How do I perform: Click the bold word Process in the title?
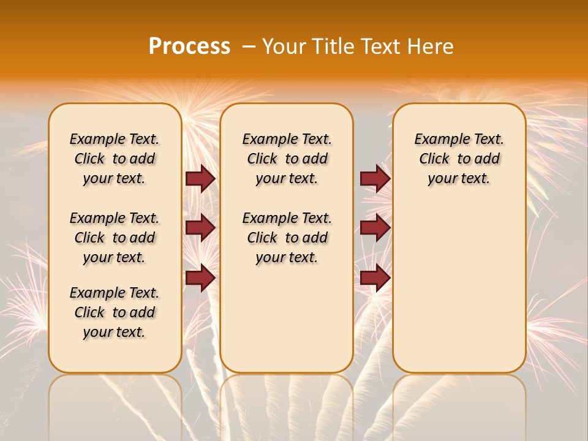click(x=189, y=47)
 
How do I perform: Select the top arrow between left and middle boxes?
click(x=200, y=179)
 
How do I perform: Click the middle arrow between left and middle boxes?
click(x=200, y=228)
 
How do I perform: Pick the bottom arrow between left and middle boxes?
click(x=200, y=277)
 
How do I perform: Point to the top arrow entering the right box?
click(x=375, y=179)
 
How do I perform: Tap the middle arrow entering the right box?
click(x=375, y=228)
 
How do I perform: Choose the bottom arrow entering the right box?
click(x=375, y=277)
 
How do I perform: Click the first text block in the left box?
click(x=115, y=159)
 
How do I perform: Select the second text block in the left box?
click(x=115, y=238)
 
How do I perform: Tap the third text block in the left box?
click(x=115, y=312)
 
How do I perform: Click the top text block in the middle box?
click(x=287, y=159)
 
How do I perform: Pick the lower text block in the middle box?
click(x=287, y=238)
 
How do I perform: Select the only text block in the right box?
click(x=459, y=159)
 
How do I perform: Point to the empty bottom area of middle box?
click(x=287, y=318)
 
